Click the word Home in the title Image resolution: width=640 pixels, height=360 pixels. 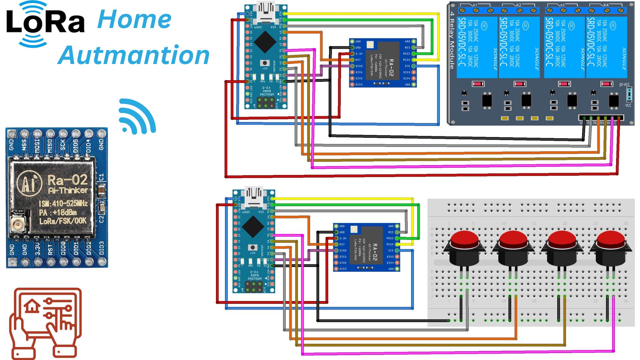click(x=134, y=19)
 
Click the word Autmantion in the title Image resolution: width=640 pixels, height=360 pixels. click(x=134, y=55)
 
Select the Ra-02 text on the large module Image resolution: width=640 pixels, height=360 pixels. click(x=67, y=180)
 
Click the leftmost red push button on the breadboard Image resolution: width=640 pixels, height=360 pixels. click(x=464, y=248)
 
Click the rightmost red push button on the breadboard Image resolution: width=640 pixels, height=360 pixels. click(x=610, y=248)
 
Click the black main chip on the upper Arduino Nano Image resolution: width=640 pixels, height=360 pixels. click(x=265, y=41)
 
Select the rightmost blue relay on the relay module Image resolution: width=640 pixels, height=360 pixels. click(x=606, y=47)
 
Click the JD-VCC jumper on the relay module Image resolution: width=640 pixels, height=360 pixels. click(x=629, y=94)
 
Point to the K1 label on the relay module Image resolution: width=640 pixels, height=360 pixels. click(x=475, y=5)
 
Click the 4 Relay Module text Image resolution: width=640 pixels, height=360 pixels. click(x=452, y=40)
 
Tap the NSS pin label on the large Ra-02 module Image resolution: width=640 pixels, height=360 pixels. click(x=24, y=145)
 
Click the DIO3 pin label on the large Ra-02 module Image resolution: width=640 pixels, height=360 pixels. click(x=101, y=248)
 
